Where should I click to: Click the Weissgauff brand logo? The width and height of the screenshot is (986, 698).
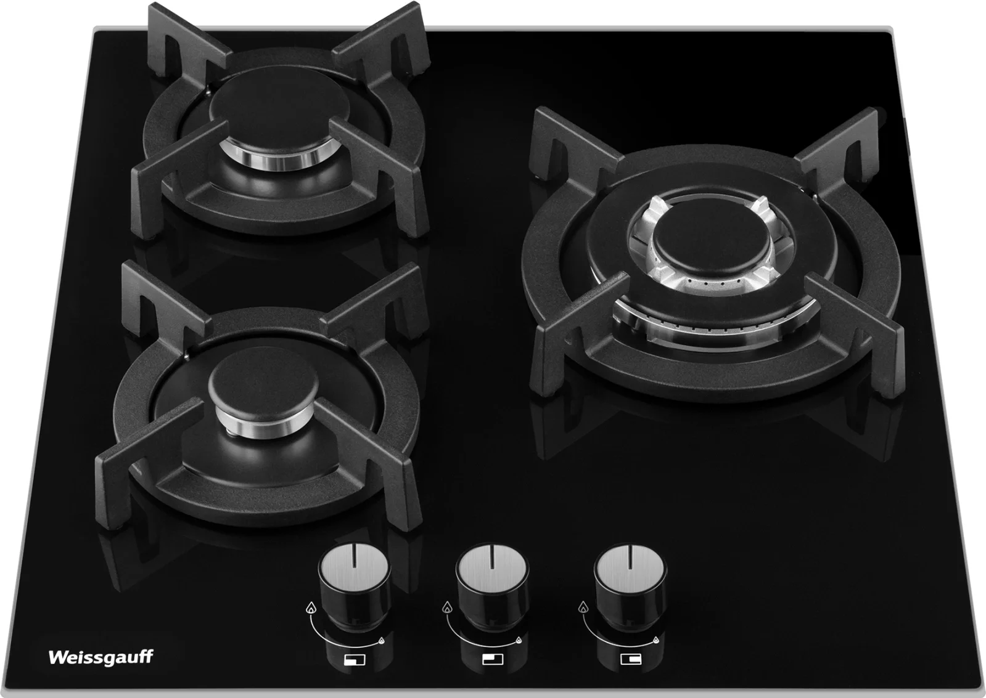(101, 657)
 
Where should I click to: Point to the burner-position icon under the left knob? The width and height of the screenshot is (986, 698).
(355, 660)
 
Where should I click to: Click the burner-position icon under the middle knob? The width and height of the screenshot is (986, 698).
(493, 659)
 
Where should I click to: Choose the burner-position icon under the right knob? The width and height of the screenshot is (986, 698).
(631, 659)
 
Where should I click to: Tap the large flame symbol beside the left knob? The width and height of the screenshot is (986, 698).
(311, 607)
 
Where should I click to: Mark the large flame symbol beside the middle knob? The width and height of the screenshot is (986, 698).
(447, 607)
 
